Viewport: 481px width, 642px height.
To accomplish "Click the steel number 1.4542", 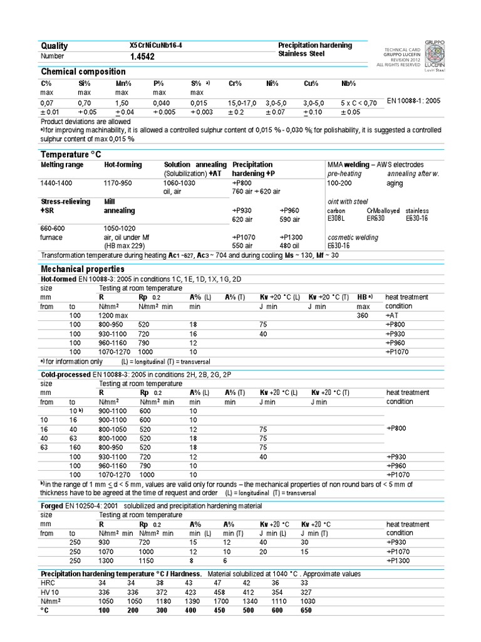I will [142, 57].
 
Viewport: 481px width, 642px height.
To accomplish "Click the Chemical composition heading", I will [83, 72].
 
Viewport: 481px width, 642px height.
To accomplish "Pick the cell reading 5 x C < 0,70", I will [359, 102].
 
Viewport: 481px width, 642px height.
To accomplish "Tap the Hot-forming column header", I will [123, 164].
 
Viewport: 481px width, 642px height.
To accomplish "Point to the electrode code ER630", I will [375, 219].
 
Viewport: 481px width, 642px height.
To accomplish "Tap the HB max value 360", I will [363, 315].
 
